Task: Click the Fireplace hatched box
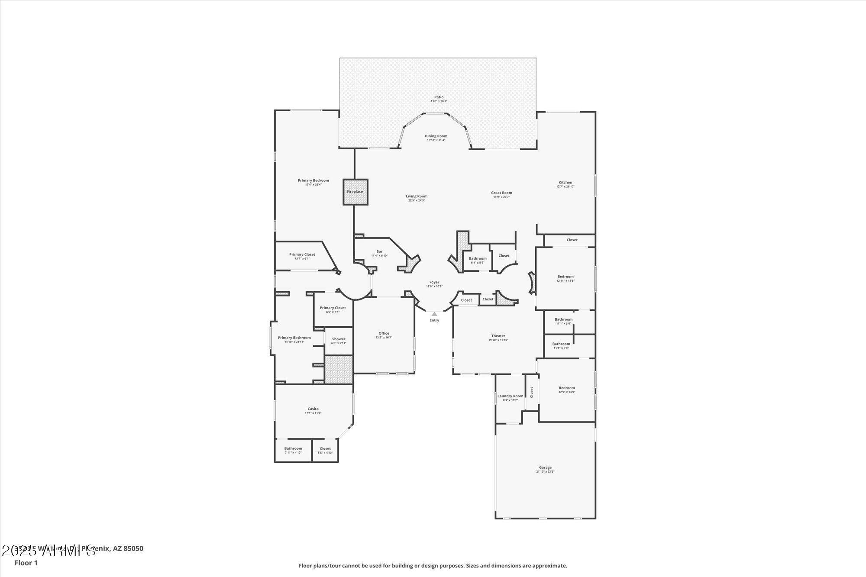coord(355,192)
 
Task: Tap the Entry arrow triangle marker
coord(434,314)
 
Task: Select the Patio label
coord(439,97)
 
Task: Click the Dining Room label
coord(436,136)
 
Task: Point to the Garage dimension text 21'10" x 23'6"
coord(545,471)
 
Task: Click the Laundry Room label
coord(510,396)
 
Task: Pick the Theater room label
coord(498,335)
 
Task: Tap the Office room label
coord(384,333)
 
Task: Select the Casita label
coord(313,409)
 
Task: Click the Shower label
coord(339,339)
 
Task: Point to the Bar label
coord(379,251)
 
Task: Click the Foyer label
coord(434,282)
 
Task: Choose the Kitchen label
coord(565,182)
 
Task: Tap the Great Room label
coord(501,193)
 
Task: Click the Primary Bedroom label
coord(313,181)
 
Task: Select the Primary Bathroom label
coord(294,338)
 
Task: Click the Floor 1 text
coord(26,563)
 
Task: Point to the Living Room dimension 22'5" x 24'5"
coord(417,200)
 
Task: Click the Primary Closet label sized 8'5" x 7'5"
coord(333,308)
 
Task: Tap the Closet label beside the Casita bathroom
coord(325,448)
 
